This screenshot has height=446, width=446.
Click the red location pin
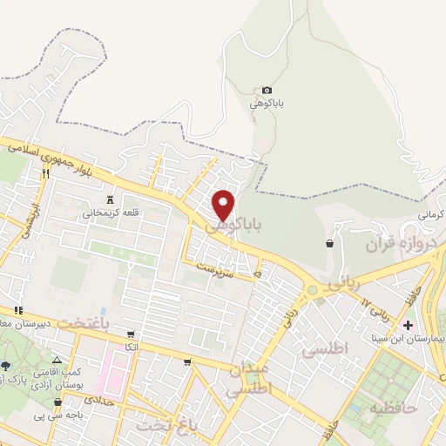pos(224,204)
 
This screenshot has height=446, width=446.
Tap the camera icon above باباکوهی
pos(267,91)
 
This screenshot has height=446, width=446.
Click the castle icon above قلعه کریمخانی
pos(110,200)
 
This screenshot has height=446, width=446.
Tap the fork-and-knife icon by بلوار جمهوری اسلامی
pos(45,172)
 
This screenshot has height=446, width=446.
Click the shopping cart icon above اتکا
pos(131,334)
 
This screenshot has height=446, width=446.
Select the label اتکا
pos(131,347)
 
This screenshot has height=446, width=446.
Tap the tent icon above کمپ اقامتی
pos(57,360)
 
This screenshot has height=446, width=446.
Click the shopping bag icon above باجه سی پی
pos(57,402)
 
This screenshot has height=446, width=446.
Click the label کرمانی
pos(430,214)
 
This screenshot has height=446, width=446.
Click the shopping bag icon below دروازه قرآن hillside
pos(330,244)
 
